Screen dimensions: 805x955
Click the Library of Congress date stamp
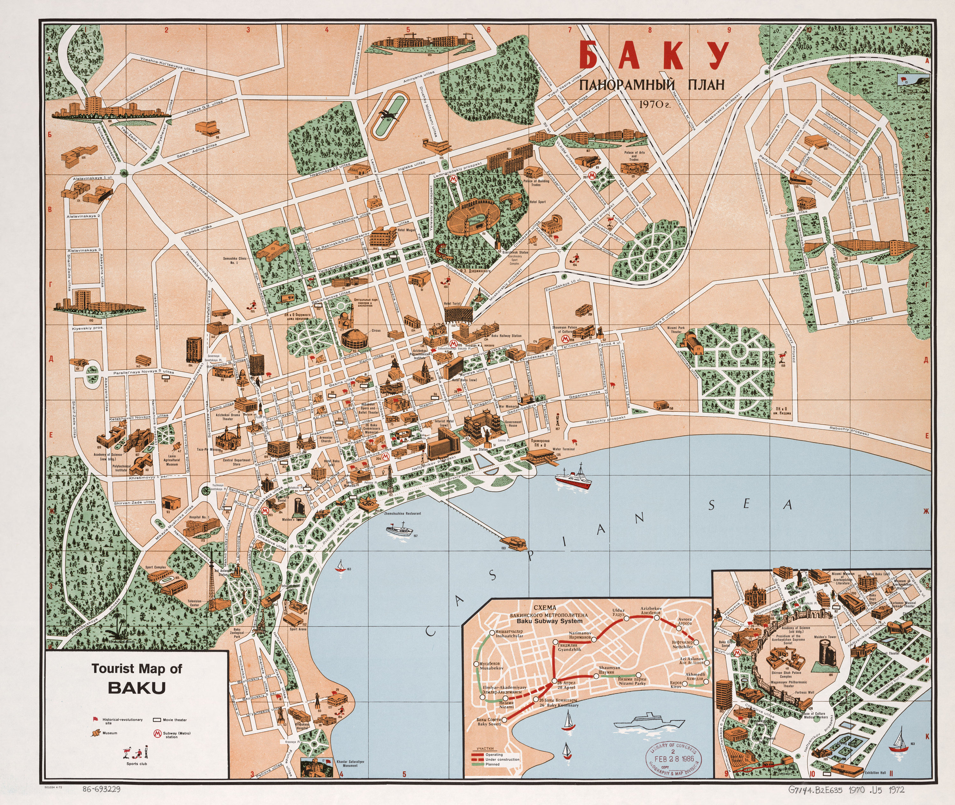(x=673, y=759)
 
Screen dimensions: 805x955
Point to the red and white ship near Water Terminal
(x=573, y=479)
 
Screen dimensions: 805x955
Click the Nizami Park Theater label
(x=675, y=330)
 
